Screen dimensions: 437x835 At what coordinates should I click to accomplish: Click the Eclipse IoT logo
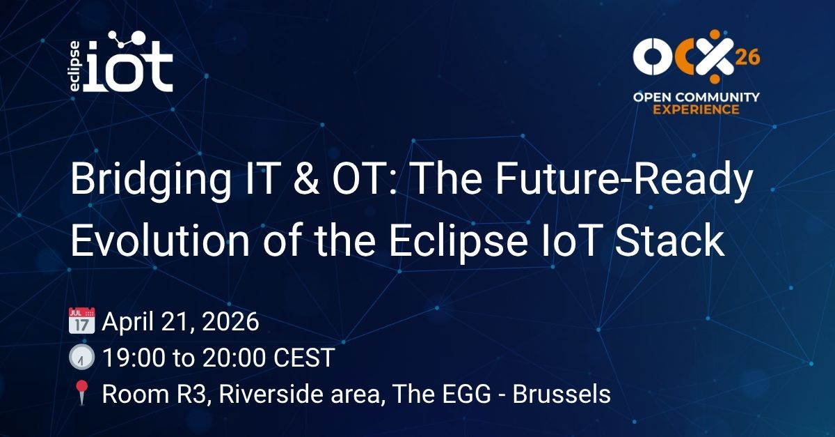pos(120,63)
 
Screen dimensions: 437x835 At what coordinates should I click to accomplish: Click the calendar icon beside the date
pos(81,323)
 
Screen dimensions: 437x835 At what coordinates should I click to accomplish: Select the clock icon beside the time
pos(81,358)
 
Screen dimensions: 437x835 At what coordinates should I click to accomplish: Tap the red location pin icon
pos(81,394)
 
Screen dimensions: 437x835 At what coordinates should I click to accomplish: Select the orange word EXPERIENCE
pos(695,109)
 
